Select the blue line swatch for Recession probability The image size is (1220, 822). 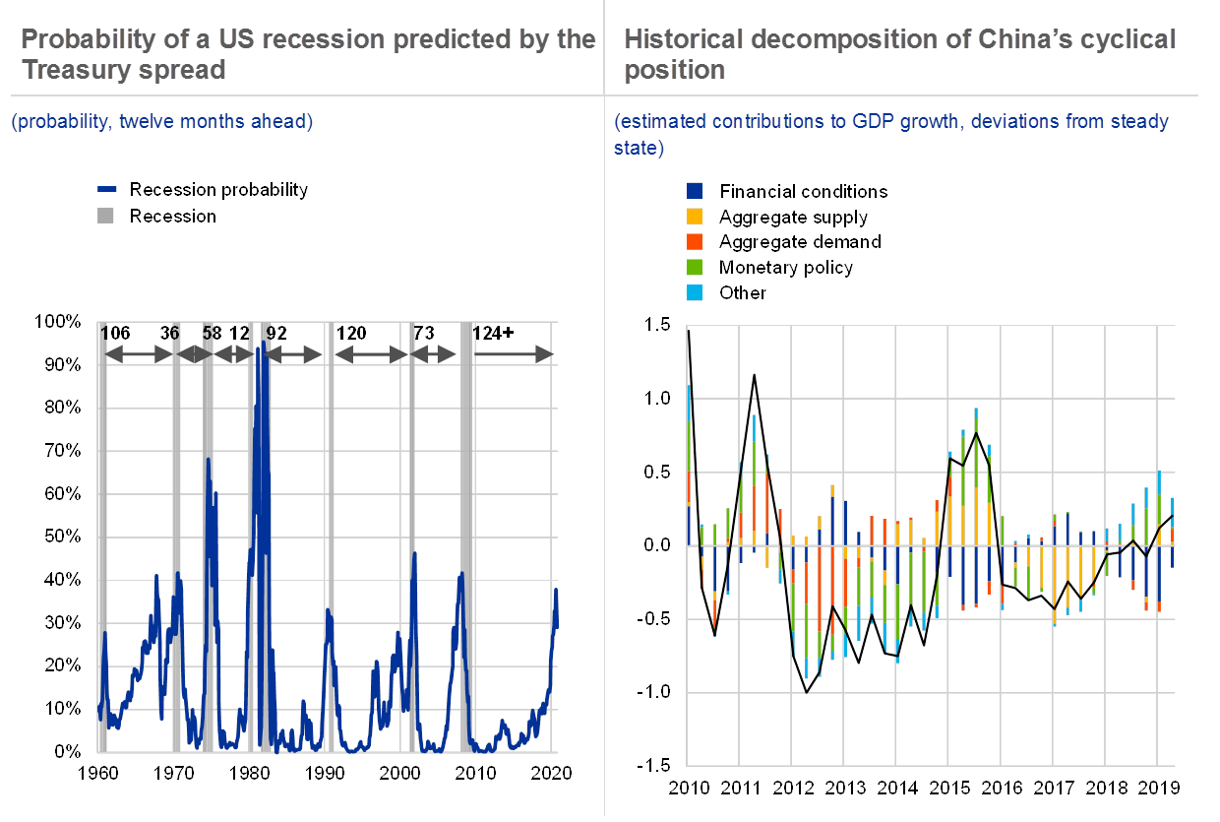pos(107,190)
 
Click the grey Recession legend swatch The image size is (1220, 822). pos(107,216)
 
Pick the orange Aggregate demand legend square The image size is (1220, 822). pos(695,241)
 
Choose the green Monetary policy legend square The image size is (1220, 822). pos(695,267)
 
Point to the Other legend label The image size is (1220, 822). pos(743,292)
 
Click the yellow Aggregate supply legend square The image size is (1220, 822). pos(695,216)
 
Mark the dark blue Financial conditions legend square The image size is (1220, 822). pos(695,190)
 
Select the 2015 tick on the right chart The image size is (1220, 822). pos(948,788)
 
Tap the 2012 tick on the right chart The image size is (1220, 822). pos(794,788)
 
